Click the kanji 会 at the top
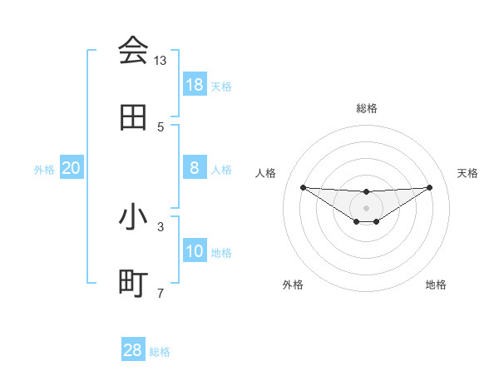[133, 52]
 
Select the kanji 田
[133, 118]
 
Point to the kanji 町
[133, 284]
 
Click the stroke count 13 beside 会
[161, 61]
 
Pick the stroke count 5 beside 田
[161, 126]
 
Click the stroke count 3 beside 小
[161, 225]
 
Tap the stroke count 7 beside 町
[161, 292]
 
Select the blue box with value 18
[195, 85]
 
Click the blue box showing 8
[195, 168]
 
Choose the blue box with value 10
[195, 251]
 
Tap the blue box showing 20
[72, 168]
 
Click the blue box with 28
[133, 350]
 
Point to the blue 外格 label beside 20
[44, 170]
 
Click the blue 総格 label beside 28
[160, 352]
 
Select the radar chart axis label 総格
[367, 108]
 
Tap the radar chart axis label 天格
[467, 173]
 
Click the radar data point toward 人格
[303, 187]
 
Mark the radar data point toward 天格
[429, 187]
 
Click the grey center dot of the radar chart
[366, 207]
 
